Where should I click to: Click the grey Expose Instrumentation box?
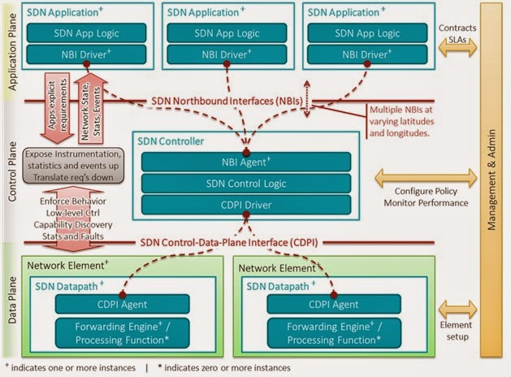pyautogui.click(x=74, y=165)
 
